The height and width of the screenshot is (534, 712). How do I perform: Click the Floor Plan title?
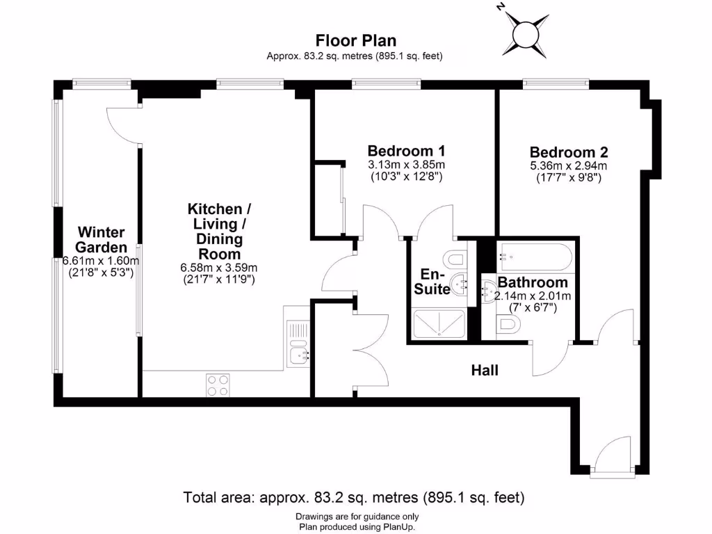(355, 40)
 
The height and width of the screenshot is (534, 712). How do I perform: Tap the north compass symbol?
(524, 31)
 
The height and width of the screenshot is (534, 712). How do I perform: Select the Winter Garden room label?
(102, 239)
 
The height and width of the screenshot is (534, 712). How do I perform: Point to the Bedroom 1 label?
(406, 151)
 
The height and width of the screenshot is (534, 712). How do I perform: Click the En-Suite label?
(432, 282)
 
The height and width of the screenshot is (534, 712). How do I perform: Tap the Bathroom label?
(533, 282)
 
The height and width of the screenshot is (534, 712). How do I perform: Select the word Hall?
(485, 371)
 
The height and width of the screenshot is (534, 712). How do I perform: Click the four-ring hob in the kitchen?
(218, 385)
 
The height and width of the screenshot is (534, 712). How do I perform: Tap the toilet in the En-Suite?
(455, 259)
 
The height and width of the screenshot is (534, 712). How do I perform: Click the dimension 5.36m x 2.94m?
(569, 165)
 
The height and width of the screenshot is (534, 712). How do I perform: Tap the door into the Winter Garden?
(123, 124)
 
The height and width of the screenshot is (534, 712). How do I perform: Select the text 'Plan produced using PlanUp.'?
(356, 526)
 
